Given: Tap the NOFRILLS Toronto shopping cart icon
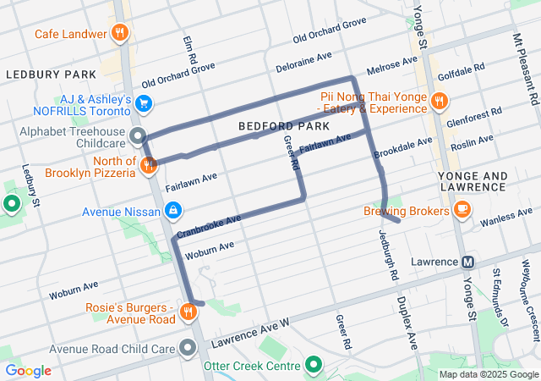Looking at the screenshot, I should pos(144,104).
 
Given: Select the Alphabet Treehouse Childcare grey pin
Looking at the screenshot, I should pos(139,135).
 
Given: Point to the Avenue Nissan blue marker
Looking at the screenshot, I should pos(172,209).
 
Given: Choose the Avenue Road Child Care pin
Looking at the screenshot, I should pos(187,348).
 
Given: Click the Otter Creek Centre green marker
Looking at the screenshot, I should pos(314,366).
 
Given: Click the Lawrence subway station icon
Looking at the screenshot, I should pos(467,262).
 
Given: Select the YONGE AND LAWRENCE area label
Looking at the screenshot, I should pos(484,181).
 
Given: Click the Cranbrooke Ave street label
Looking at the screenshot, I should pos(209,224).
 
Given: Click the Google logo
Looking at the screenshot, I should pos(28,371).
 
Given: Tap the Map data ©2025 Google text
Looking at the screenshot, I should pos(488,374).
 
